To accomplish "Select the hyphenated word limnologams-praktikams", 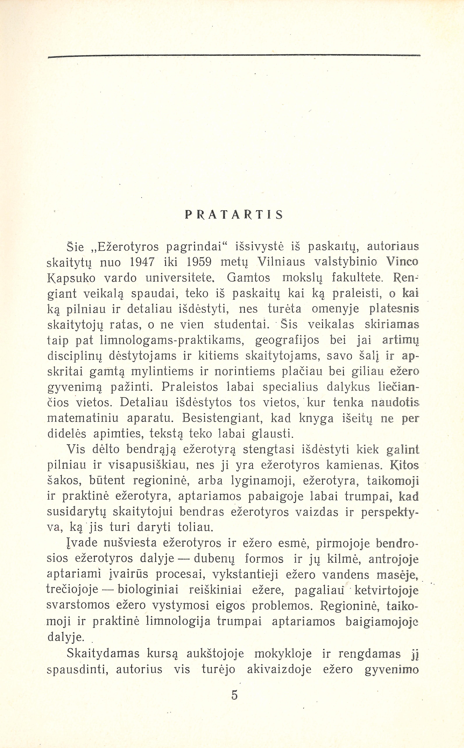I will point(174,340).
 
